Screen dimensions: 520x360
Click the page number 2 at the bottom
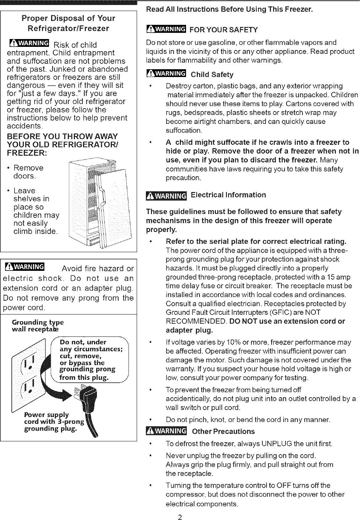pyautogui.click(x=180, y=517)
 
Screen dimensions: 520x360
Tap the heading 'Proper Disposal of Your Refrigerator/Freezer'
pyautogui.click(x=69, y=23)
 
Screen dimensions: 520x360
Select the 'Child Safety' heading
pyautogui.click(x=212, y=75)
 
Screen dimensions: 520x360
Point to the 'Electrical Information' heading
pyautogui.click(x=228, y=195)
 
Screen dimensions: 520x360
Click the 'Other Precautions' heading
pyautogui.click(x=223, y=431)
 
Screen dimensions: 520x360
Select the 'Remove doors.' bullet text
pyautogui.click(x=28, y=172)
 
